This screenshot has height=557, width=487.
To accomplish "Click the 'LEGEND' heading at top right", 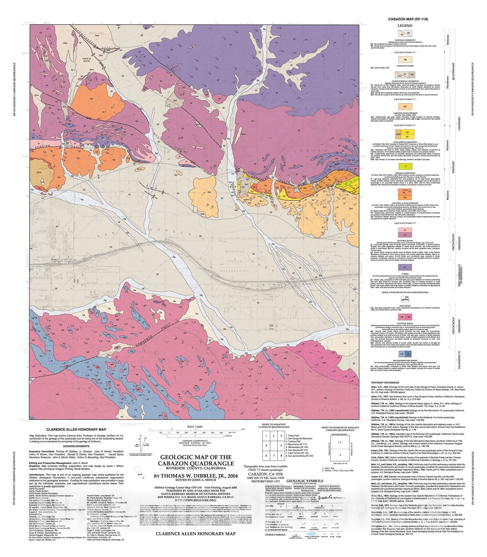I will click(405, 25).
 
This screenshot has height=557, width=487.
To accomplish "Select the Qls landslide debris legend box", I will click(405, 60).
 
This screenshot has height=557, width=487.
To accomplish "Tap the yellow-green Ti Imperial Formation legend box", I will click(405, 167).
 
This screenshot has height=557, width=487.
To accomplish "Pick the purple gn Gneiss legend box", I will click(405, 267).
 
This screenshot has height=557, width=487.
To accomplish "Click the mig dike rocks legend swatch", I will click(405, 298).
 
